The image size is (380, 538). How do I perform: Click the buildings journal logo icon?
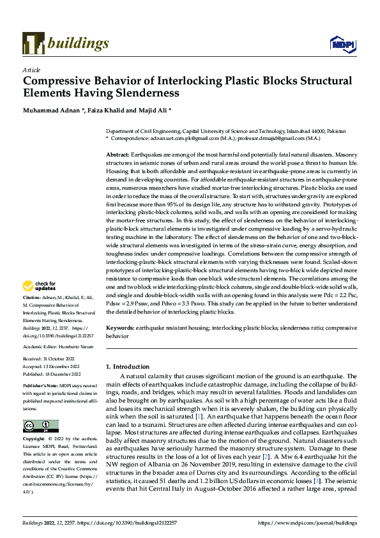click(33, 43)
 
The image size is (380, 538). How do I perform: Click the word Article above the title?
click(31, 69)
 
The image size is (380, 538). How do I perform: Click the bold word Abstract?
click(117, 155)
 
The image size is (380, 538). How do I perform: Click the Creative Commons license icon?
click(40, 426)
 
